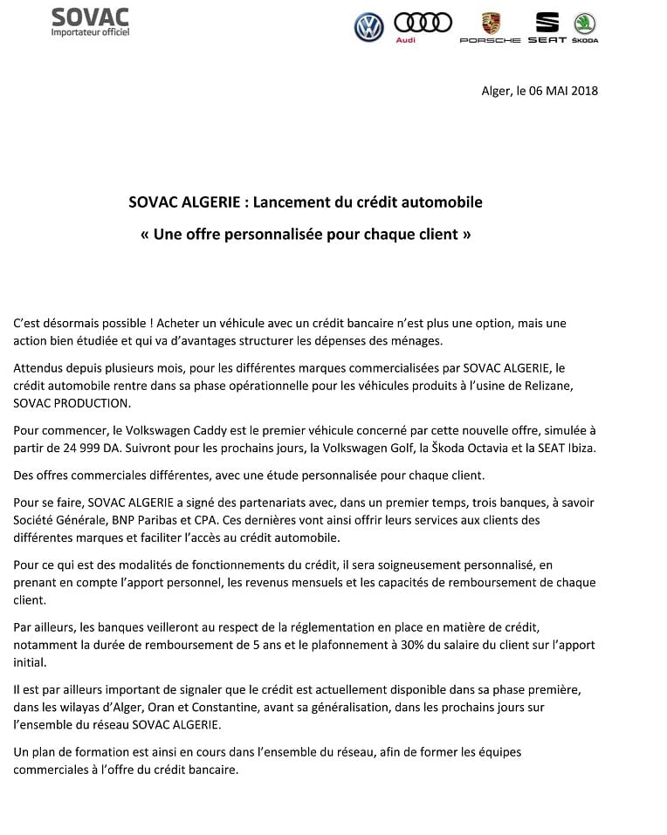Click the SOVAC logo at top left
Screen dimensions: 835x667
point(90,17)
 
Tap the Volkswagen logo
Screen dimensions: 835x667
point(369,27)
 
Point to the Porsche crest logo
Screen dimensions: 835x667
point(491,24)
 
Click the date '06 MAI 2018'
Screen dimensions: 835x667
point(564,91)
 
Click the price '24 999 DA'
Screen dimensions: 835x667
point(83,448)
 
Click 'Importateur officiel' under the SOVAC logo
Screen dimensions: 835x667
point(90,32)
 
